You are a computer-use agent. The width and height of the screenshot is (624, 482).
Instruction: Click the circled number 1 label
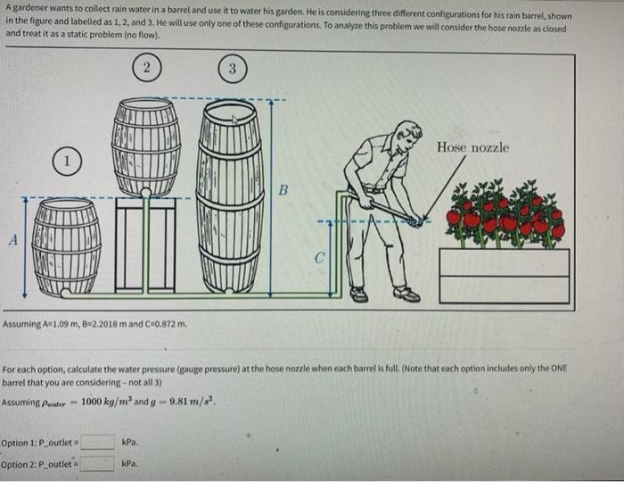point(67,162)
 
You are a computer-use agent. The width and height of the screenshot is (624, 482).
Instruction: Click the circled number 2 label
point(147,67)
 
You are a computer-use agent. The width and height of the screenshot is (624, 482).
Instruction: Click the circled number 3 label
point(233,69)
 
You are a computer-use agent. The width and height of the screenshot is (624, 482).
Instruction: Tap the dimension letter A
point(14,240)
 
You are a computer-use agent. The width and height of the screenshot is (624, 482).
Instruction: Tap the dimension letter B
point(283,190)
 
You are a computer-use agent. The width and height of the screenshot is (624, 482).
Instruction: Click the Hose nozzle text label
point(472,147)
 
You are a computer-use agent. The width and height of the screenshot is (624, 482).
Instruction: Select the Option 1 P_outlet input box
point(97,442)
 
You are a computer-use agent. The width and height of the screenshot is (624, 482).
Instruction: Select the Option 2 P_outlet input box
point(96,463)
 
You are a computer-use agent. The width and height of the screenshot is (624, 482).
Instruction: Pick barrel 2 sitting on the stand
point(146,147)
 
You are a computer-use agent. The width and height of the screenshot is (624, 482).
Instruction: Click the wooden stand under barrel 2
point(145,245)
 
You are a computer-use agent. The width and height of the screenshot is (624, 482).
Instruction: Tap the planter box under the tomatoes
point(505,276)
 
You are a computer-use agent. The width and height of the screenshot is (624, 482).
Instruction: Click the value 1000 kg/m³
point(107,401)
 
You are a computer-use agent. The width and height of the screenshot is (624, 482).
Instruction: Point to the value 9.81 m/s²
point(193,401)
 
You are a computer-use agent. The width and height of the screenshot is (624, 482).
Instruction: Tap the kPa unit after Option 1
point(130,442)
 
